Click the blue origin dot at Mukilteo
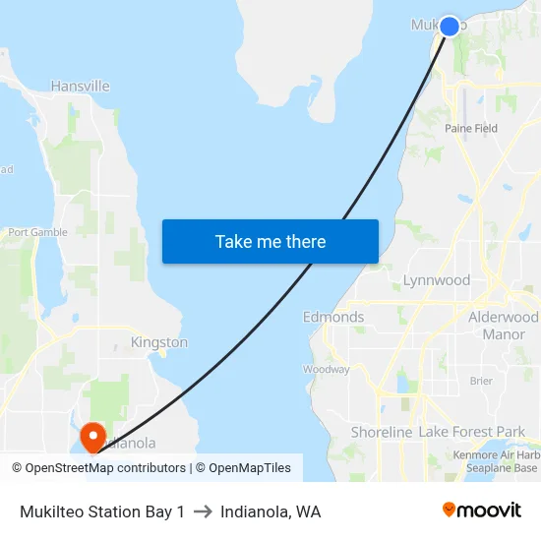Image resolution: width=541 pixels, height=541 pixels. [449, 26]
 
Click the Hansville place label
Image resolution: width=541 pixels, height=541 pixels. [80, 87]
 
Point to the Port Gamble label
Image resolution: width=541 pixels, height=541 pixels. [37, 233]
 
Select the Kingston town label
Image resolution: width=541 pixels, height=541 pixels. [159, 342]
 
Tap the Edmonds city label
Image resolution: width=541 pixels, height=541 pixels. [333, 318]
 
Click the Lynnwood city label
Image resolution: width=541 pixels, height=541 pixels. [437, 280]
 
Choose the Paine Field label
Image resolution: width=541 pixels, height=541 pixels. [471, 129]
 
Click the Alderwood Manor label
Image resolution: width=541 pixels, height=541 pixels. [504, 326]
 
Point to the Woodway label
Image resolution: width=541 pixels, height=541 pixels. [326, 370]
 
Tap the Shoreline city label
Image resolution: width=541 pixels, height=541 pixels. [382, 433]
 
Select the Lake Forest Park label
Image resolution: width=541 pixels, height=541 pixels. [472, 433]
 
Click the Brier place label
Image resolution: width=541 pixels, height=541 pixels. [481, 381]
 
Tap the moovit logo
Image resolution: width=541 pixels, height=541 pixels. [481, 511]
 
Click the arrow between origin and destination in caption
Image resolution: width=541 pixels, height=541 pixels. [203, 511]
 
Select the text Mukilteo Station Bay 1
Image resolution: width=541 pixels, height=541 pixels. [102, 511]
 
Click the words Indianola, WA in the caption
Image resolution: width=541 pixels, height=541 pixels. [270, 511]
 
